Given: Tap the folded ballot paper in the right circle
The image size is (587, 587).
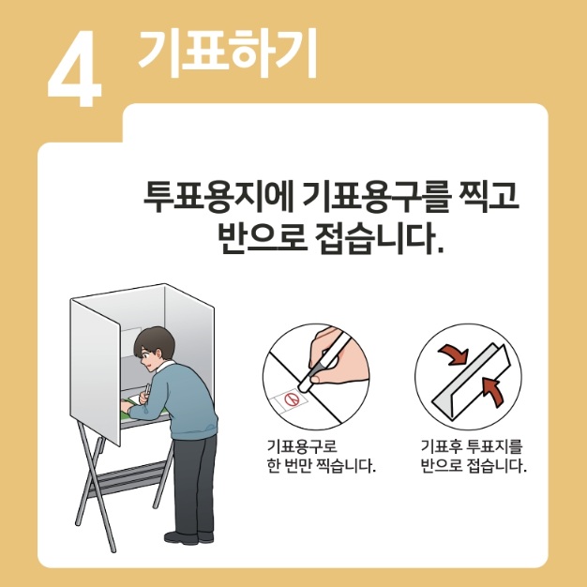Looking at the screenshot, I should click(469, 381).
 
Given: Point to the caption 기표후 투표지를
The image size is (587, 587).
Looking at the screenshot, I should click(472, 446).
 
